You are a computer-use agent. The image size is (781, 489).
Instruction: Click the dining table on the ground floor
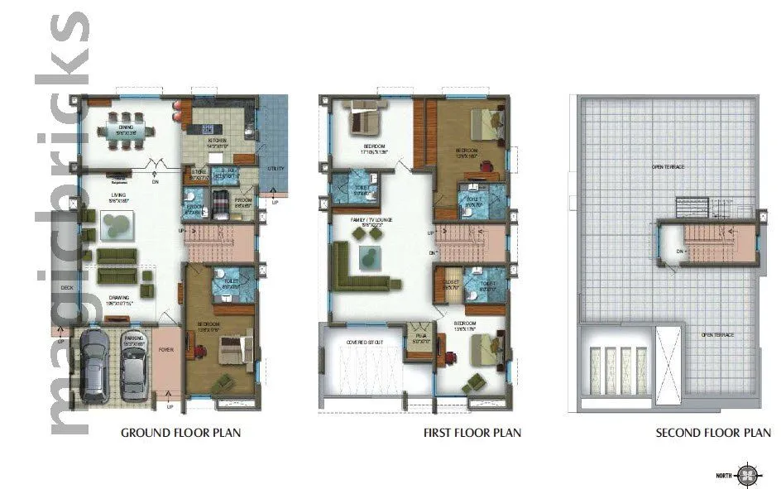click(x=127, y=131)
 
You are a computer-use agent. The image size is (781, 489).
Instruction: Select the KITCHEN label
click(x=217, y=141)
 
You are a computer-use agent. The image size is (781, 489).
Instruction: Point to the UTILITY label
click(x=276, y=169)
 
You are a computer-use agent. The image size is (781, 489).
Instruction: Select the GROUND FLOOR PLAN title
click(x=181, y=433)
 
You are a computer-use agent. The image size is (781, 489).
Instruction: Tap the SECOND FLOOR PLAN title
click(x=713, y=433)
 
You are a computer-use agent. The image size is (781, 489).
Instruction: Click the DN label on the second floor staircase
click(x=678, y=251)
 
